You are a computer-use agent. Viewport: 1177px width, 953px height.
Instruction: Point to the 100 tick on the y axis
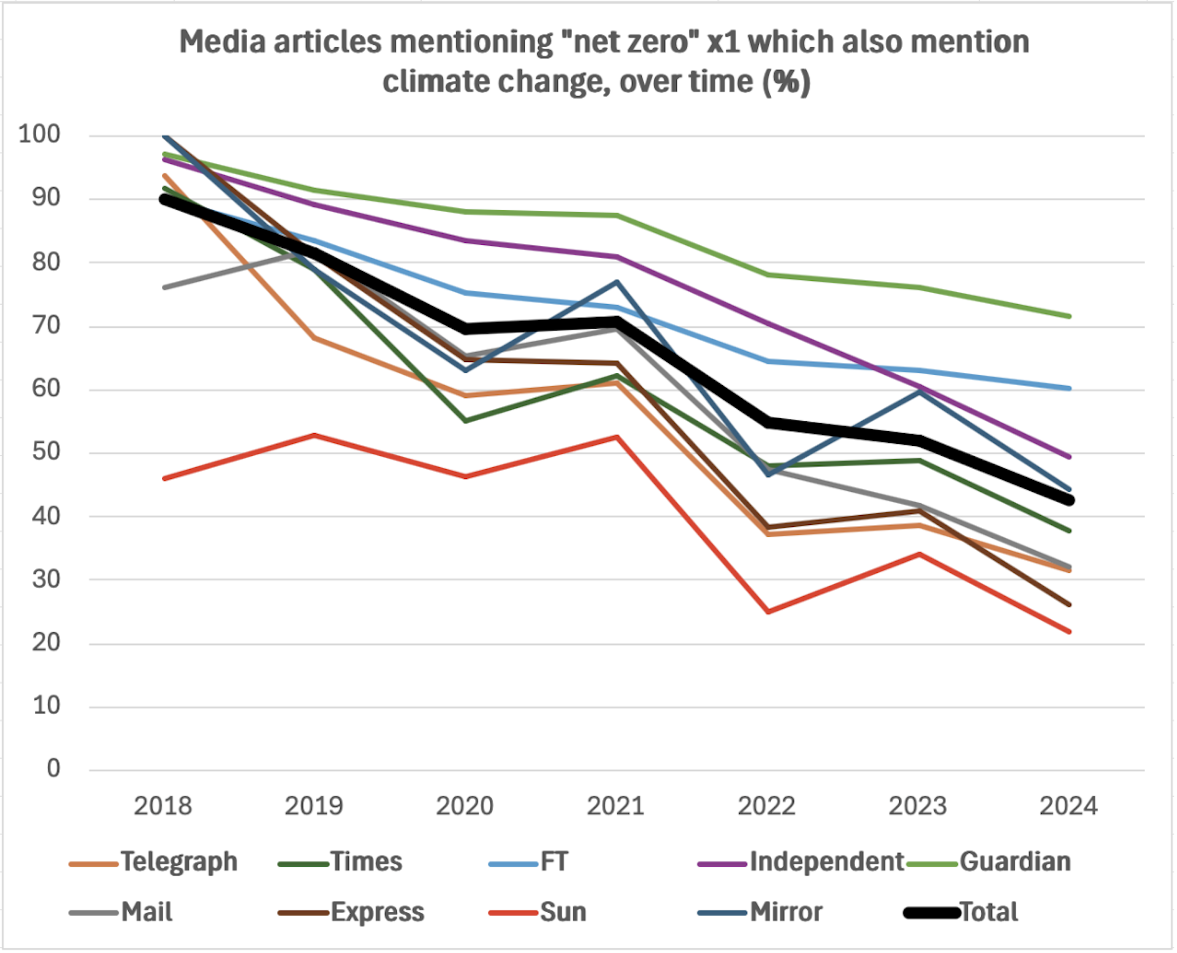click(39, 134)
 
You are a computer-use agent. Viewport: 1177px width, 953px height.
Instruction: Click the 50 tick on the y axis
click(46, 451)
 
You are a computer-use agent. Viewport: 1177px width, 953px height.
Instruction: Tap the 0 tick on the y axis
click(53, 768)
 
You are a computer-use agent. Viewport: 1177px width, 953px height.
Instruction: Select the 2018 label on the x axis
click(162, 806)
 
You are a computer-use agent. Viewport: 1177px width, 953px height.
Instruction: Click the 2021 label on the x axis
click(615, 806)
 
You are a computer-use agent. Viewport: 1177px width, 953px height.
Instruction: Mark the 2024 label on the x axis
click(1068, 806)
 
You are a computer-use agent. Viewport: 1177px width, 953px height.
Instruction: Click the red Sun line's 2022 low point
click(768, 612)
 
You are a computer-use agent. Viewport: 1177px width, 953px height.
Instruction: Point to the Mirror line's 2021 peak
click(617, 282)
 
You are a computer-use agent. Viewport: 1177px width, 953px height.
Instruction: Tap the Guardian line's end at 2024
click(1069, 316)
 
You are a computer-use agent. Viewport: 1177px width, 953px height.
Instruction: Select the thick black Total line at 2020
click(466, 329)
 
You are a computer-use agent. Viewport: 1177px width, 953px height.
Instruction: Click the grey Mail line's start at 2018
click(164, 287)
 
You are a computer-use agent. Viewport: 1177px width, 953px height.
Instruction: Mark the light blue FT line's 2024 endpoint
click(1069, 388)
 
